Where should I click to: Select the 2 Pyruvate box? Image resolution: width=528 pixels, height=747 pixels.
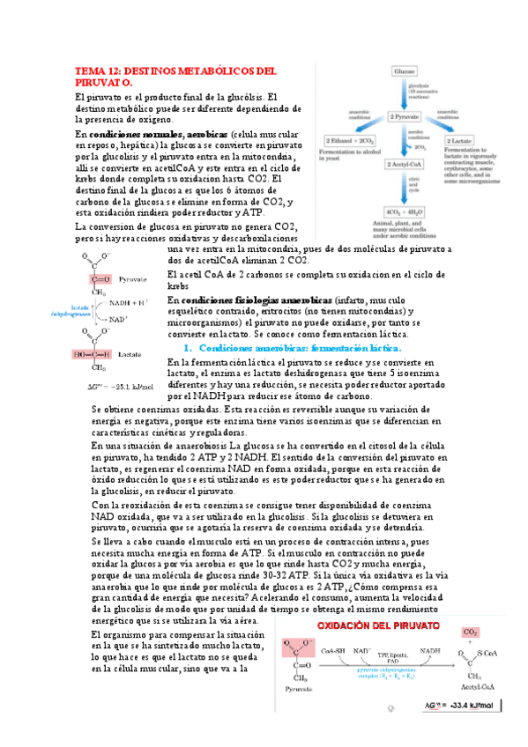point(405,117)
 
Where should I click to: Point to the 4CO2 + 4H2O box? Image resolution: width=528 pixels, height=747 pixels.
point(405,212)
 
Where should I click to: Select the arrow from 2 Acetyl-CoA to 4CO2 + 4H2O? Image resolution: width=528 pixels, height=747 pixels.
point(405,189)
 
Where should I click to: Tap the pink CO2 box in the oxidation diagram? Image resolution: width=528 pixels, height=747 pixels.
point(472,609)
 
